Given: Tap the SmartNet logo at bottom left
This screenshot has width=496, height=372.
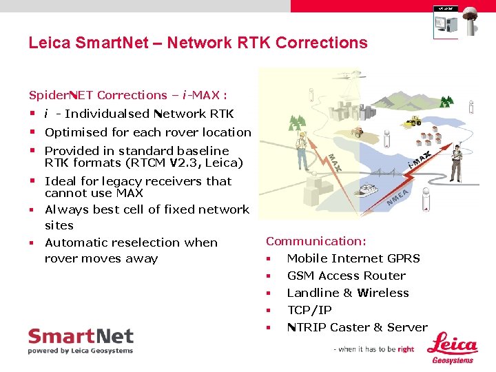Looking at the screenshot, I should click(81, 341).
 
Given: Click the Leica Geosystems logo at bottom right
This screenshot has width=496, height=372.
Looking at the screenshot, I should click(453, 348).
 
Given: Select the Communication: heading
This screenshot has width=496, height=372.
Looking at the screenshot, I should click(316, 241).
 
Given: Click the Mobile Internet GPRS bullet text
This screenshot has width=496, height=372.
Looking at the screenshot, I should click(353, 258).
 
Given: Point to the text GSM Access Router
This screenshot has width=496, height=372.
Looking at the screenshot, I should click(346, 276).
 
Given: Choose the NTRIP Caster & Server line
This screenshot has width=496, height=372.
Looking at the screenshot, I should click(357, 327).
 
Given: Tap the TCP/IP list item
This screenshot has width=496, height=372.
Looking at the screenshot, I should click(309, 310).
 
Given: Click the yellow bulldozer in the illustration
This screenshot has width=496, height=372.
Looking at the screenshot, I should click(413, 121).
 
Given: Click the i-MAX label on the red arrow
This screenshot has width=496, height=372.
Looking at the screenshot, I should click(419, 161).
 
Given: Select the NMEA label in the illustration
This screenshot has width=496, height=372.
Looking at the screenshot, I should click(398, 198).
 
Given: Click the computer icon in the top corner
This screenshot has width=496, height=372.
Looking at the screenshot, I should click(445, 22).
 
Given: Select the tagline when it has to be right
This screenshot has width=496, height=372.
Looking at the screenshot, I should click(374, 349).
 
